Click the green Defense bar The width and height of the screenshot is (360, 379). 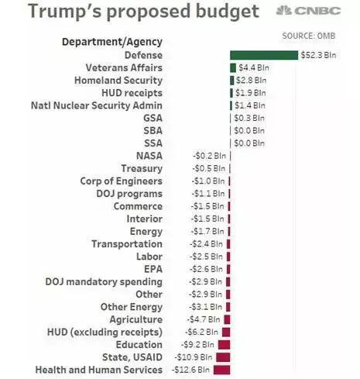tap(264, 55)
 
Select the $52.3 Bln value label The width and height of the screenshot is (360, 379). tap(318, 55)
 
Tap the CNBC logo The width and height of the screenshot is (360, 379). tap(308, 11)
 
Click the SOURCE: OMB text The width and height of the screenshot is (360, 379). tap(309, 36)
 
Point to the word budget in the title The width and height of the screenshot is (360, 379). tap(228, 12)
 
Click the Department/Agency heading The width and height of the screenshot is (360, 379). tap(112, 42)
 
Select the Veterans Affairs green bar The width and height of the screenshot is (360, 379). tap(233, 67)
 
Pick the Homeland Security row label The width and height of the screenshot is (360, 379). tap(118, 81)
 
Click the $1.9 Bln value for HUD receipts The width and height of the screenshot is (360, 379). tap(250, 93)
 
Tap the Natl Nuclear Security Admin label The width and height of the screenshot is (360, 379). tap(97, 105)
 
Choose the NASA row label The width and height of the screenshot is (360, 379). tap(149, 156)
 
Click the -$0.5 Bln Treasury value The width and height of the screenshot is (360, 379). tap(208, 168)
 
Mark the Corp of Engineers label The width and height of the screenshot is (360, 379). tap(122, 181)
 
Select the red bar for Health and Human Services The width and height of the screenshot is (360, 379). tap(221, 370)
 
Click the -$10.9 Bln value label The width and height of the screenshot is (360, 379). tap(194, 357)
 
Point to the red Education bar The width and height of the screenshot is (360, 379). tap(224, 345)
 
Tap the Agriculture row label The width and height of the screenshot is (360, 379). tap(136, 319)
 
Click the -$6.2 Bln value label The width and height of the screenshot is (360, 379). tap(201, 332)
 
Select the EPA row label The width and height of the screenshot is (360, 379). tap(153, 269)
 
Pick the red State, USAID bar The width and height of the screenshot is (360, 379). tap(223, 357)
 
